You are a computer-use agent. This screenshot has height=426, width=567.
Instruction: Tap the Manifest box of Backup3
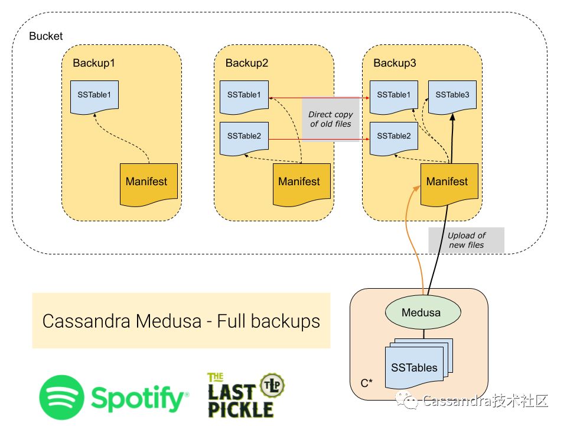click(448, 183)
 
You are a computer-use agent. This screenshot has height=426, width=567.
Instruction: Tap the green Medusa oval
click(421, 312)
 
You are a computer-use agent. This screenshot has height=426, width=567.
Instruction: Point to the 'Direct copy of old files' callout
click(331, 120)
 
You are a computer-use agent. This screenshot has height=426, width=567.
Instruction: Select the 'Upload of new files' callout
click(466, 240)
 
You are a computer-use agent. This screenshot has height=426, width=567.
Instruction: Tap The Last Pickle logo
click(245, 395)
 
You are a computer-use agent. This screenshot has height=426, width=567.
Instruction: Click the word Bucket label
click(45, 37)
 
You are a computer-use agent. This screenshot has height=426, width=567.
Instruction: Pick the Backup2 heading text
click(247, 63)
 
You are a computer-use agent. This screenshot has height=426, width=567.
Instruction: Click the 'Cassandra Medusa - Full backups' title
click(181, 321)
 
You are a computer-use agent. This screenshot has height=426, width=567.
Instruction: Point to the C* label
click(366, 383)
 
